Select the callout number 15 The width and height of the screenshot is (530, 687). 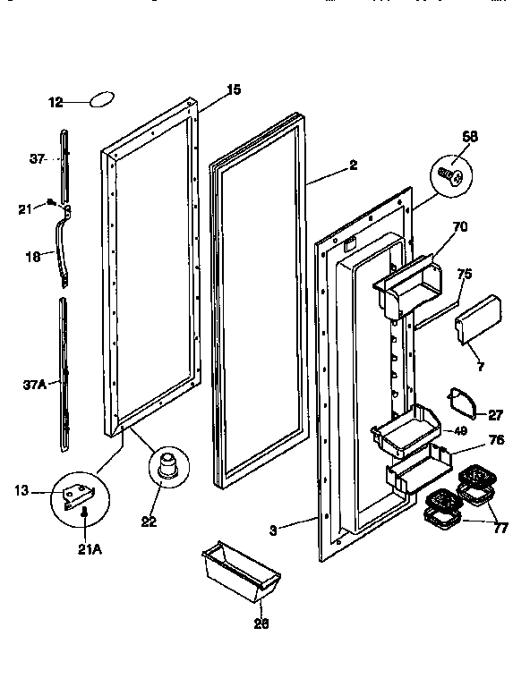pos(233,89)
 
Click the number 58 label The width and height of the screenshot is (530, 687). pos(470,137)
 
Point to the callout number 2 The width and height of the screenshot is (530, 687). pos(354,165)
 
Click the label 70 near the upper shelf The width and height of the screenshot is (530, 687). pos(459,227)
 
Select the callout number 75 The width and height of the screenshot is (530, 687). pos(465,276)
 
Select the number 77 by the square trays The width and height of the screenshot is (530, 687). pos(500,529)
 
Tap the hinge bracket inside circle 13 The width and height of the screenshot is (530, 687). pos(81,490)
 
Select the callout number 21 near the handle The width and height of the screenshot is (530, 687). pos(26,209)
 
